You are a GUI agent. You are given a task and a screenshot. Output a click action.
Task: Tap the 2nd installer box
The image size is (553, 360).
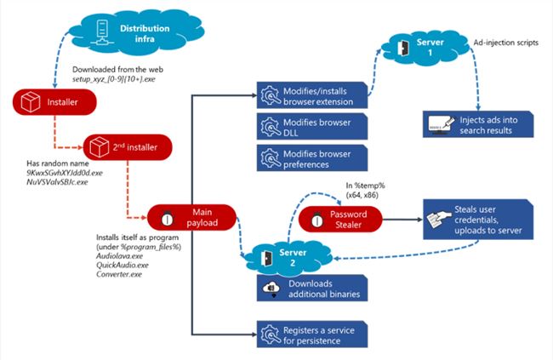click(x=127, y=146)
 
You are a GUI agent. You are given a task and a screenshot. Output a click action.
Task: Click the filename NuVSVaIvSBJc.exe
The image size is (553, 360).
click(x=65, y=181)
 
